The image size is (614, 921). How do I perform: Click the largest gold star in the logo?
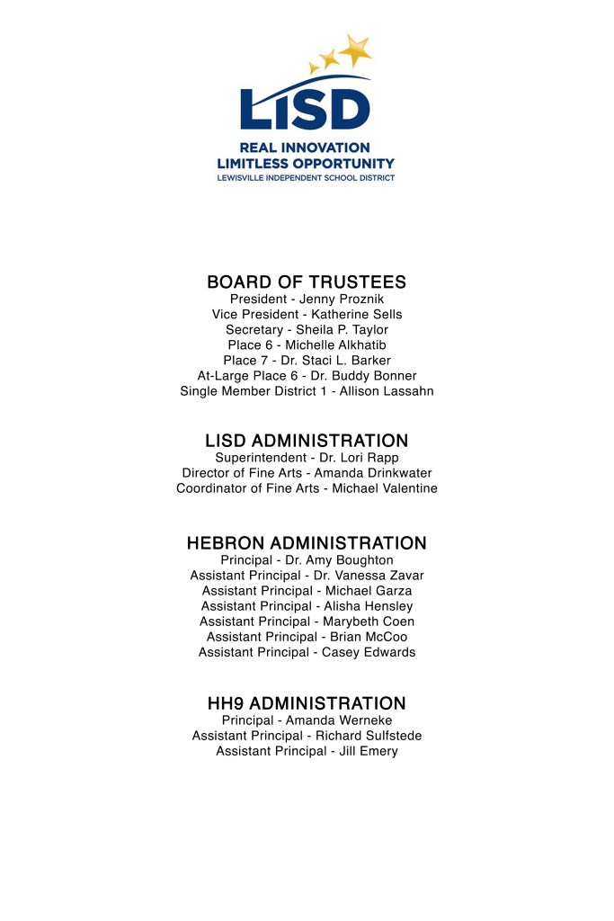tap(357, 49)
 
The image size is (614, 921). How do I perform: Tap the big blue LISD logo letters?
tap(305, 107)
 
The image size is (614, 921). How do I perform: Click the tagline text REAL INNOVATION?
tap(305, 148)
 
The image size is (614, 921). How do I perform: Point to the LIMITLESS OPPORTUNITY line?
tap(306, 164)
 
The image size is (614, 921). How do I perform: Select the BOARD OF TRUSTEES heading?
tap(307, 282)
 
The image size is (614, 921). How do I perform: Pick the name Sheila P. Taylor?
tap(346, 329)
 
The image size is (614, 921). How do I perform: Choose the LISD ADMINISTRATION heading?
tap(307, 441)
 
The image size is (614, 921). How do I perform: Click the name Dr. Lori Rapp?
tap(360, 458)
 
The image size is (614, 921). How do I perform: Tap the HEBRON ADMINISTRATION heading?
tap(307, 543)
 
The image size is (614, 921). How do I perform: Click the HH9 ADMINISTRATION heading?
tap(307, 703)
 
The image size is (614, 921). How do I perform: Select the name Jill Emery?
tap(369, 751)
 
